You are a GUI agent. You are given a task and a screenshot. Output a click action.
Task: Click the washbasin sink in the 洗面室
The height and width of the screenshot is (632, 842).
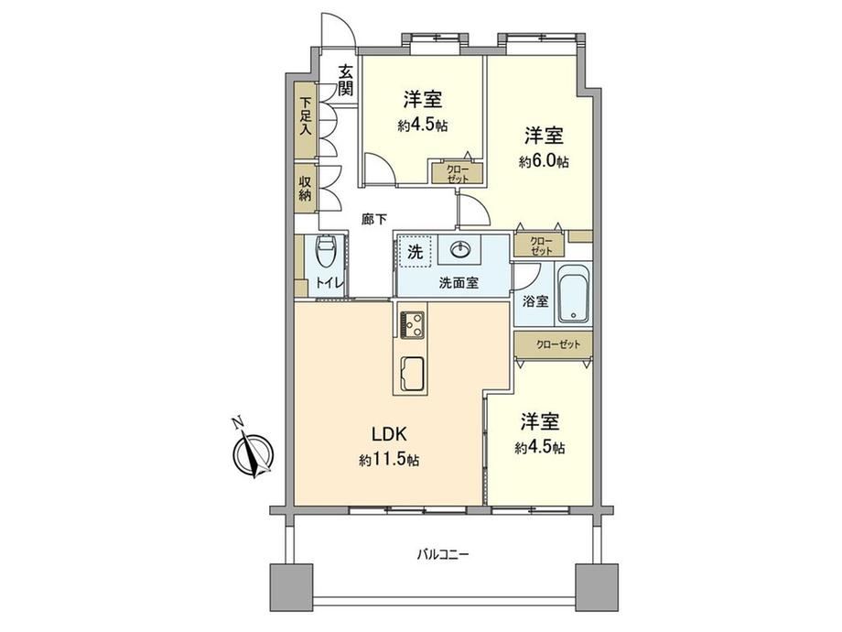460,249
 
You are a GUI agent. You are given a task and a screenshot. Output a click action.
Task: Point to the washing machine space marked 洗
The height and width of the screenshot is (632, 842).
415,252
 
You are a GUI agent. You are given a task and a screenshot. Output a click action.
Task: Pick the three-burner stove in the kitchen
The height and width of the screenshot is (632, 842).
412,324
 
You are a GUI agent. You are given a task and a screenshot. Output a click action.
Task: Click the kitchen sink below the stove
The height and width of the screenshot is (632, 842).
412,374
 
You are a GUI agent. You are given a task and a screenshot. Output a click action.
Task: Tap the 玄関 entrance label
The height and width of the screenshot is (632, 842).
346,80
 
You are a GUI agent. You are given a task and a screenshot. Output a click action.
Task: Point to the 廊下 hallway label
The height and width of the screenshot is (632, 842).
374,219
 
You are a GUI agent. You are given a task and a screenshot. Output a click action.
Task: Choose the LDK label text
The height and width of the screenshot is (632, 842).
391,433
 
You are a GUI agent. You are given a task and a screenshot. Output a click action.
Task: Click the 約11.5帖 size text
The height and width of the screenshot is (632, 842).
389,460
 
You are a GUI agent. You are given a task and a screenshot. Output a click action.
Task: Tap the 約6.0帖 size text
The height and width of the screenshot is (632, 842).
544,161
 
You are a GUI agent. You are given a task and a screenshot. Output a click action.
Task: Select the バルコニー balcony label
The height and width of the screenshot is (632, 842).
444,553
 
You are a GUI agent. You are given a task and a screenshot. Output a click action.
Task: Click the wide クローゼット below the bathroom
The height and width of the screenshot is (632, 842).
553,345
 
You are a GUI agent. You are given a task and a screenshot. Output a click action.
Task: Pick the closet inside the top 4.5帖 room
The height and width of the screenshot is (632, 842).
458,172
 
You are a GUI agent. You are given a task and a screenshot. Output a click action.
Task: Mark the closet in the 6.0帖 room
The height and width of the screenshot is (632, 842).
539,245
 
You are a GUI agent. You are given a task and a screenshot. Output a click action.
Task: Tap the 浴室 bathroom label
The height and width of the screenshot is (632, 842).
536,301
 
